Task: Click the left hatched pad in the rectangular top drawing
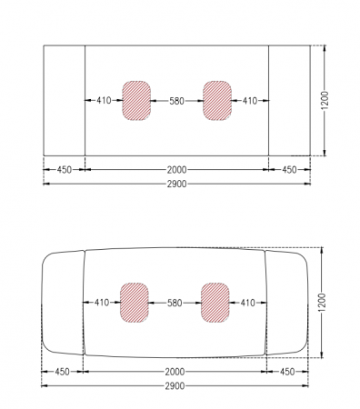136,101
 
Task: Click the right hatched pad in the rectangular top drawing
217,101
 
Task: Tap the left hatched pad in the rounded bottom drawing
135,303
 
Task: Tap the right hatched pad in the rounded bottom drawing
215,303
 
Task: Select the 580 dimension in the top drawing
176,101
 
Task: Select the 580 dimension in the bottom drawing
175,303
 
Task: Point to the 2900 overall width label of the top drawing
177,184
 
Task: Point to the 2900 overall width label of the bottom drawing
175,386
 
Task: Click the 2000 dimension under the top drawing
177,170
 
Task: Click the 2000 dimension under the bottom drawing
175,372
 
